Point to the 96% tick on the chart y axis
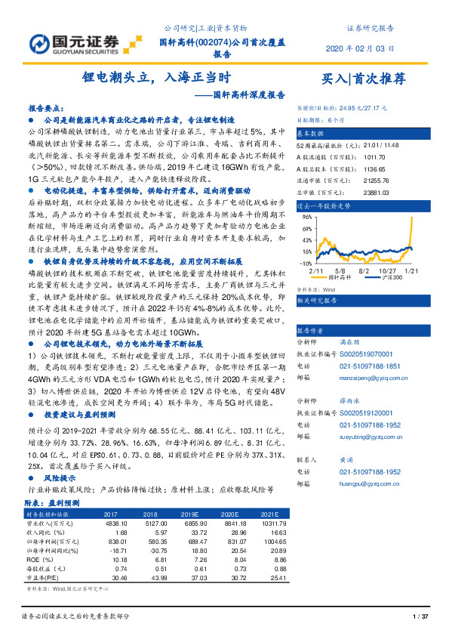click(307, 216)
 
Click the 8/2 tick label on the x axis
click(362, 270)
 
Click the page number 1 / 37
click(421, 618)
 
